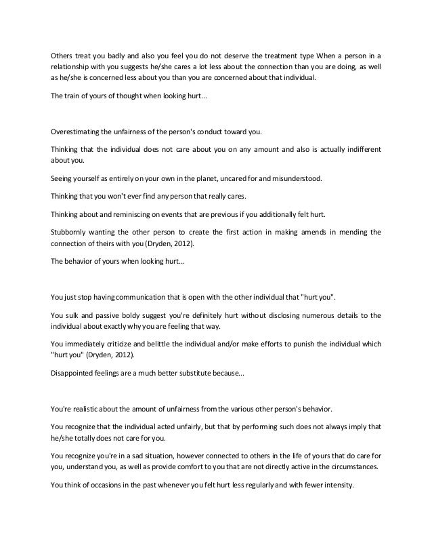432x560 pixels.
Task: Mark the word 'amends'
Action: (309, 231)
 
